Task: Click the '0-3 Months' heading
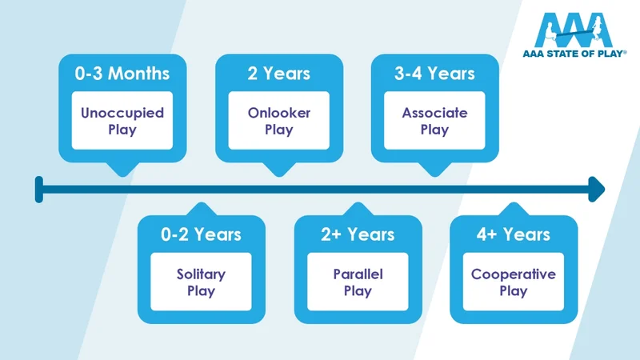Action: click(x=122, y=74)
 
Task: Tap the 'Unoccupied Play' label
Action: click(x=122, y=121)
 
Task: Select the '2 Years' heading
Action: click(x=279, y=74)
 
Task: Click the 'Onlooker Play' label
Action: click(x=279, y=121)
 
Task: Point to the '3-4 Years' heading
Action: click(x=435, y=74)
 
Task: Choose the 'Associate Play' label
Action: click(x=435, y=121)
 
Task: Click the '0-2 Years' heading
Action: click(x=201, y=234)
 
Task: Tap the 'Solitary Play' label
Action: click(x=201, y=282)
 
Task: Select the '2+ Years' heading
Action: click(x=358, y=234)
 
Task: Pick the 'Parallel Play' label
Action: click(x=358, y=282)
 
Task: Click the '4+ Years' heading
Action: click(x=514, y=234)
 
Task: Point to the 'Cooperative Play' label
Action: click(x=514, y=282)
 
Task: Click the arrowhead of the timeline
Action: click(x=595, y=190)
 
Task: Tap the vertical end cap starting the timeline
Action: click(x=38, y=190)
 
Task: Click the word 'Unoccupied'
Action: click(x=122, y=113)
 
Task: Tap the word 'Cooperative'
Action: click(x=514, y=274)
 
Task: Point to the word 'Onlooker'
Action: click(x=279, y=113)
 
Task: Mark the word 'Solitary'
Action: click(x=201, y=274)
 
